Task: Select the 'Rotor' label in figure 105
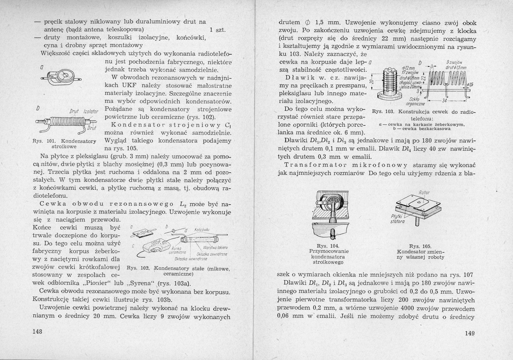tap(424, 193)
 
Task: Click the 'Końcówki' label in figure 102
tap(202, 230)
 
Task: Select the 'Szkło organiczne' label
tap(415, 101)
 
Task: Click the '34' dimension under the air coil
tap(444, 101)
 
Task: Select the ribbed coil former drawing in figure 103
tap(391, 82)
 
